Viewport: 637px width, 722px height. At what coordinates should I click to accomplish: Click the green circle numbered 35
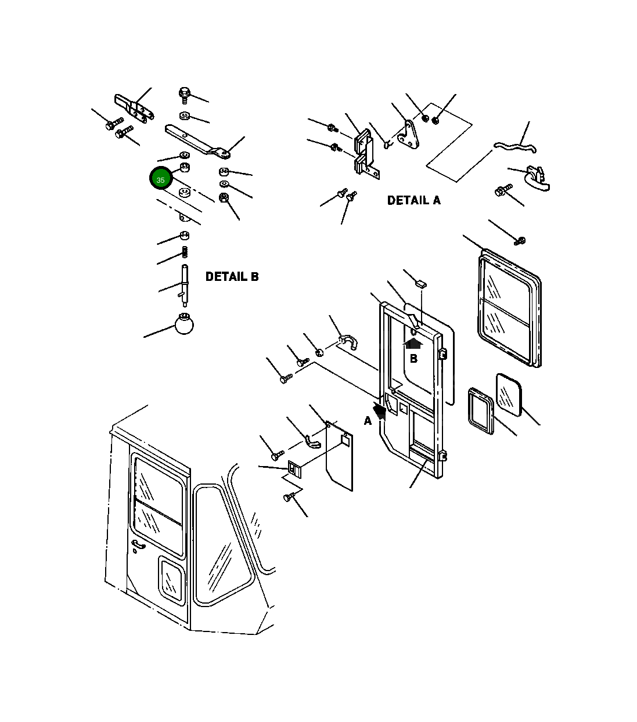(161, 179)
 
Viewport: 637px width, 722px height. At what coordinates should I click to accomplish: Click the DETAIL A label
(413, 200)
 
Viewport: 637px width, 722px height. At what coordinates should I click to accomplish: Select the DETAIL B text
(232, 277)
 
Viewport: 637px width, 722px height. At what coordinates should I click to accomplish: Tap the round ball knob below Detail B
(184, 324)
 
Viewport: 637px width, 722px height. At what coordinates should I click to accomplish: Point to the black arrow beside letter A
(380, 411)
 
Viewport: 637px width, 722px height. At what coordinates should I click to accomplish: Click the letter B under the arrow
(413, 359)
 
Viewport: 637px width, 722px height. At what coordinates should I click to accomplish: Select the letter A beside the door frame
(368, 421)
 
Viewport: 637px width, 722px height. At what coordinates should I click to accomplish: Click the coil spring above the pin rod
(185, 252)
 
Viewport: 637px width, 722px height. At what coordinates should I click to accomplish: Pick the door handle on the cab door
(138, 546)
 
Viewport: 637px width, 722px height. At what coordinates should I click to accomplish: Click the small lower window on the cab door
(171, 578)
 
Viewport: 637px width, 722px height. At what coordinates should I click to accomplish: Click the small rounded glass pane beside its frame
(509, 394)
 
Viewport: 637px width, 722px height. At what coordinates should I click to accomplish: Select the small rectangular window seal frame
(481, 411)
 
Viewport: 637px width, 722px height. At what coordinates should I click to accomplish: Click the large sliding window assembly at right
(509, 308)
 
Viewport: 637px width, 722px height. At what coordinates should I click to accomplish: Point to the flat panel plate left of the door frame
(340, 456)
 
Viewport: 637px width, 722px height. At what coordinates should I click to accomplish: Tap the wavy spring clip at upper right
(514, 147)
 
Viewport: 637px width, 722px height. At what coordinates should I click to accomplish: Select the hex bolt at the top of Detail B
(185, 93)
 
